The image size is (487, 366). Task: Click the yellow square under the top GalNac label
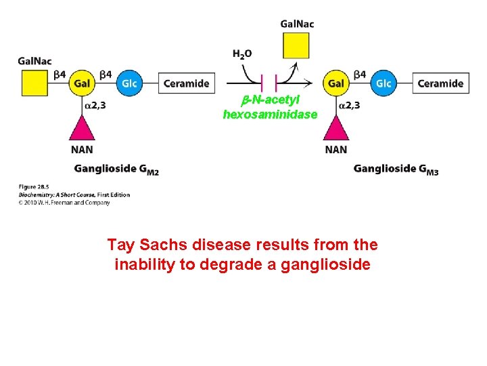(296, 45)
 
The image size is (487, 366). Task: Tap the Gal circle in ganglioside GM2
(83, 83)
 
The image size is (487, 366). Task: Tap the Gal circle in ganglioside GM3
(335, 83)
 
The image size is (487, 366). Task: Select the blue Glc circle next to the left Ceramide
(129, 83)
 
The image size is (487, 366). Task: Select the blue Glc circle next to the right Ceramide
(383, 83)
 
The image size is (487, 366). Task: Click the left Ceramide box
(186, 83)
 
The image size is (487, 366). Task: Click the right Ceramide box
(440, 83)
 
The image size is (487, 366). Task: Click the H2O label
(241, 54)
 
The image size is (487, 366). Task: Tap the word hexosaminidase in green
(270, 115)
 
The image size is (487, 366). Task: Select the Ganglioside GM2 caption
(116, 169)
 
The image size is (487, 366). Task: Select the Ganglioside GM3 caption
(396, 169)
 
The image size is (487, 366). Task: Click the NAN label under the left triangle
(83, 149)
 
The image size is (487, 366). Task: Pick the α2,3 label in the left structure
(95, 105)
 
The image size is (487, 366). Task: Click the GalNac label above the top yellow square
(297, 24)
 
